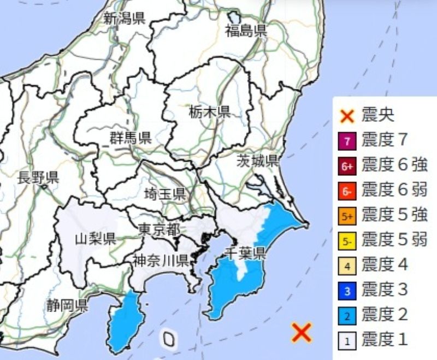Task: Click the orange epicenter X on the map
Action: (x=302, y=332)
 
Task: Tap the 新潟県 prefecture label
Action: (x=124, y=19)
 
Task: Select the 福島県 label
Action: (x=246, y=31)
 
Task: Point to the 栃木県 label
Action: (x=210, y=113)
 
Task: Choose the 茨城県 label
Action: (x=258, y=161)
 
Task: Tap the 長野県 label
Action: (x=38, y=178)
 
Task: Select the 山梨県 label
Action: (x=95, y=238)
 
